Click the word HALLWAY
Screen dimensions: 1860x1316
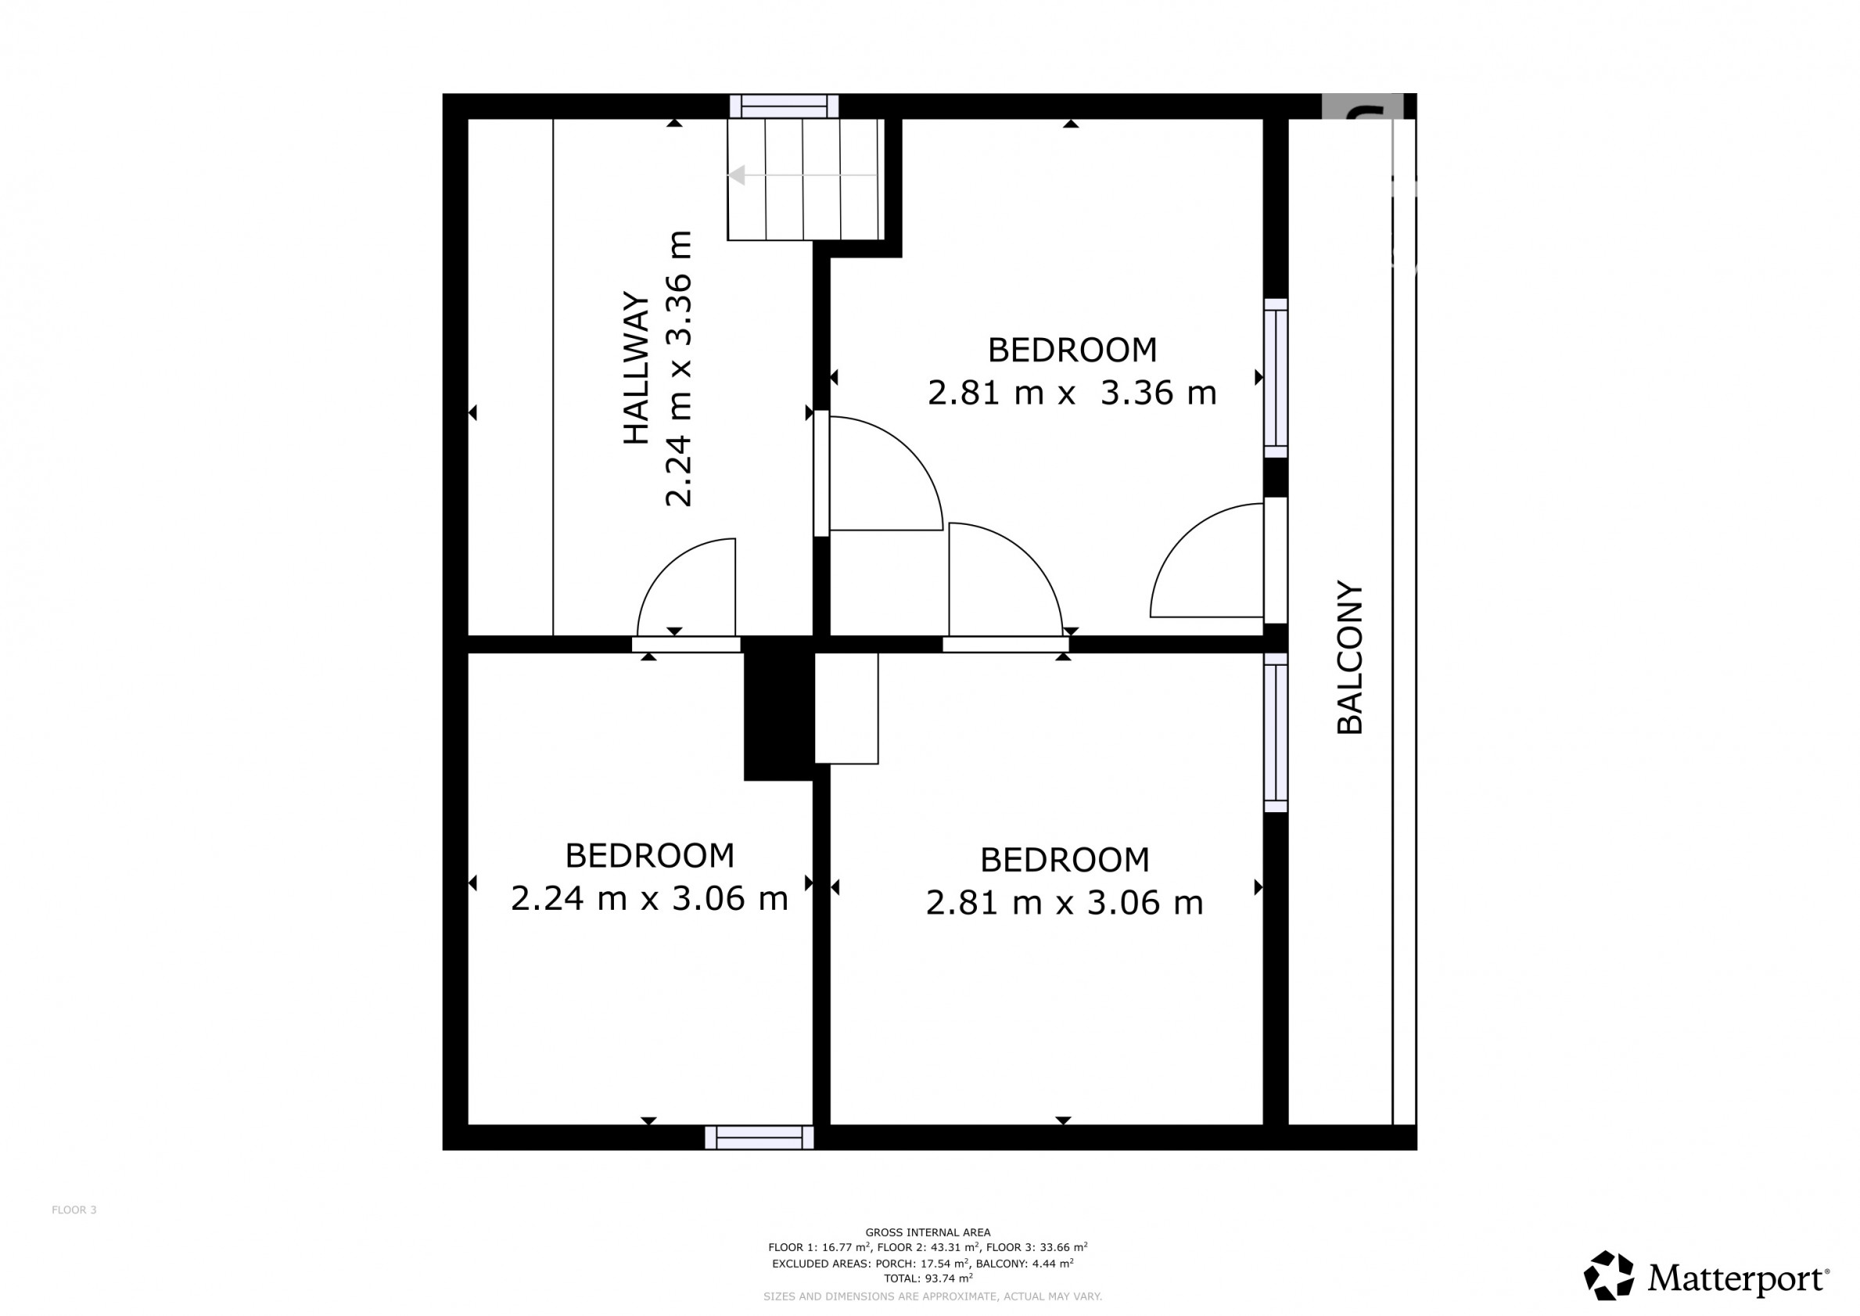point(637,368)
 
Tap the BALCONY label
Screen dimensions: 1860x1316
point(1350,657)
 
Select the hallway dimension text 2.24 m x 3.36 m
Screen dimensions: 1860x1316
point(679,369)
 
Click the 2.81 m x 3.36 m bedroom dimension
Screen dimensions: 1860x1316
point(1072,393)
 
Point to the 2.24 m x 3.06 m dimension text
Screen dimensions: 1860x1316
point(649,899)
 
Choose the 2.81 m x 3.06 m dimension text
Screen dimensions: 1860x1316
point(1065,903)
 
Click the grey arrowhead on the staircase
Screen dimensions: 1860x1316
point(736,175)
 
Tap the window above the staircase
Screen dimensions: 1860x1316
point(784,106)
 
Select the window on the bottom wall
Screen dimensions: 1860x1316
point(759,1137)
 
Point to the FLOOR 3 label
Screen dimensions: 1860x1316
point(74,1210)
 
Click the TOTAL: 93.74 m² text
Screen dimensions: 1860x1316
point(928,1278)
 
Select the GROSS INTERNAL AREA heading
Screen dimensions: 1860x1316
point(928,1232)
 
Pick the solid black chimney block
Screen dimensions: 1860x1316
point(778,708)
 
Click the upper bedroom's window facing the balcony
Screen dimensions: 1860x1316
point(1276,379)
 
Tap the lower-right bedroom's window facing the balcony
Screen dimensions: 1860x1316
point(1276,732)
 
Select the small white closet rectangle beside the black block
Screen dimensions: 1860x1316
point(846,708)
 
